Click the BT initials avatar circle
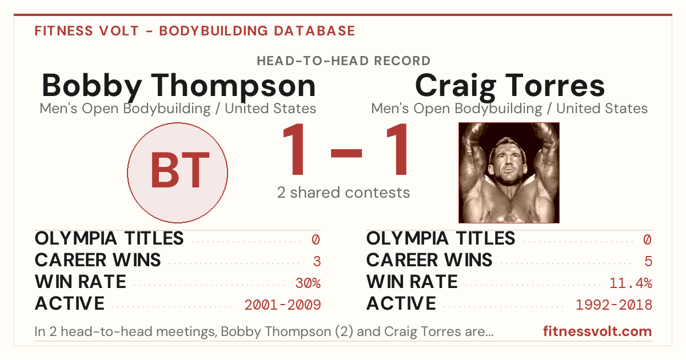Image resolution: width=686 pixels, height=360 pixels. point(178,173)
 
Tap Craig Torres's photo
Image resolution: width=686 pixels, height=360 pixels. point(509,173)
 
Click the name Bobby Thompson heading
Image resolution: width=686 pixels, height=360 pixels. point(179,86)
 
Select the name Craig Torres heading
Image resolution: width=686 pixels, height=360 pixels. point(510,86)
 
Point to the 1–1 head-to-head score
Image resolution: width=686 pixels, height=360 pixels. point(345,149)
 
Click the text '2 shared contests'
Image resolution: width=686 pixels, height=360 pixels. point(344,193)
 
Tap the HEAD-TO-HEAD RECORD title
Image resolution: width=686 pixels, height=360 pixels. point(344,61)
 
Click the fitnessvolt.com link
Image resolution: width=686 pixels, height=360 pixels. point(597,331)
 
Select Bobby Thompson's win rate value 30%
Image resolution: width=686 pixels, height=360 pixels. point(308,283)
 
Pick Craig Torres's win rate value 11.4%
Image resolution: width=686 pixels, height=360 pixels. point(631,283)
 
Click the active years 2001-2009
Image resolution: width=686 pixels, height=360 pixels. point(282,305)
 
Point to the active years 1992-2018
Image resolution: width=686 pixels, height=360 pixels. point(614,305)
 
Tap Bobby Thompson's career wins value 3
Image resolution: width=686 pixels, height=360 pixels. point(317,261)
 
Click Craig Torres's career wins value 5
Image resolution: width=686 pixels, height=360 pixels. point(648,261)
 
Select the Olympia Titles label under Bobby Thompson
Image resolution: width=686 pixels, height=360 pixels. point(109,238)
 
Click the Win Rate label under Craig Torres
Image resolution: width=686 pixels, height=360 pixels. point(412,282)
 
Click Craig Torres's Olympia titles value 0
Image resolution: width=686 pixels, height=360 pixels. point(648,239)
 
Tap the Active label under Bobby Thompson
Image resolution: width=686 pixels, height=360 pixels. point(70,303)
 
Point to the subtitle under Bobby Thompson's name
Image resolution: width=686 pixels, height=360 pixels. point(178,109)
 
